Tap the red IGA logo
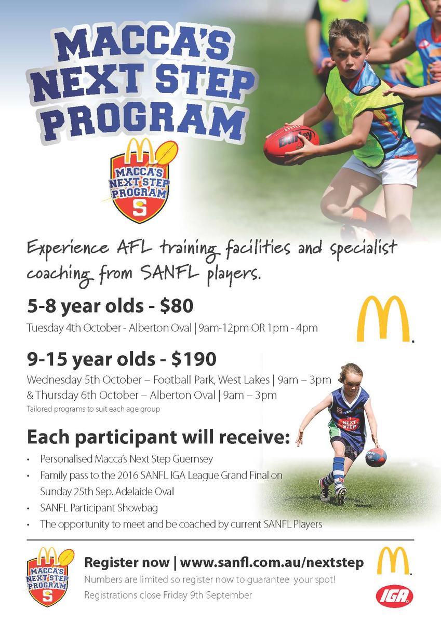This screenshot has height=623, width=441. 394,596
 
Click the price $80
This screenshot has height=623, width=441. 177,306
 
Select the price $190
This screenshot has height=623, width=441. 194,359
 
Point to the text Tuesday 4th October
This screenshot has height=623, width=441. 74,328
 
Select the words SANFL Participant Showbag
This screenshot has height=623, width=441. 99,508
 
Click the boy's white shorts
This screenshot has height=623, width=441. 380,170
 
